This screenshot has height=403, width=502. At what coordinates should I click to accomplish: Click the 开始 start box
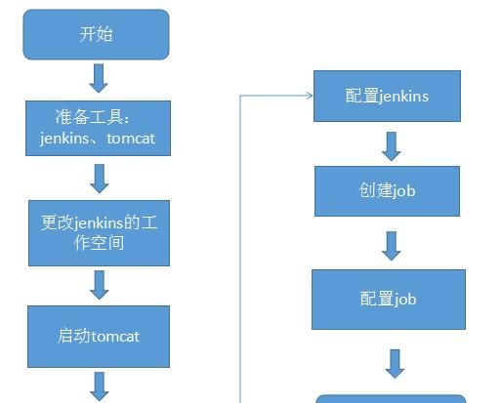click(x=97, y=35)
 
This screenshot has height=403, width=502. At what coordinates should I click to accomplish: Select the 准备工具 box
click(x=98, y=128)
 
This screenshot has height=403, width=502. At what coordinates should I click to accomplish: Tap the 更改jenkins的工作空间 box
click(x=98, y=232)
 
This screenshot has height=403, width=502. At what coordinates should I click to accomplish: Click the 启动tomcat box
click(x=98, y=336)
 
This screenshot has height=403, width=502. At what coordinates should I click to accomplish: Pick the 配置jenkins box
click(x=387, y=96)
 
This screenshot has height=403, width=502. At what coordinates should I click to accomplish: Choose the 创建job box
click(x=387, y=190)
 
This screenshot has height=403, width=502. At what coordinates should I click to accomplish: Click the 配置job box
click(x=388, y=299)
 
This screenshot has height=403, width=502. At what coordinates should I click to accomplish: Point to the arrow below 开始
click(x=98, y=77)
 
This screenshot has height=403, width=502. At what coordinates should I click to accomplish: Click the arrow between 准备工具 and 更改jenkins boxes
click(x=99, y=178)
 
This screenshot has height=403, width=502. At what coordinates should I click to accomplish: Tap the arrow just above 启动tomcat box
click(x=99, y=284)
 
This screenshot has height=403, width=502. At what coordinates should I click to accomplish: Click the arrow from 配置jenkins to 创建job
click(x=392, y=144)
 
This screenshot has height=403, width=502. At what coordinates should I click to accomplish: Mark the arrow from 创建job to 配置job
click(x=392, y=245)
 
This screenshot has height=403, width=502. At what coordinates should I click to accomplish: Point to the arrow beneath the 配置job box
click(x=395, y=362)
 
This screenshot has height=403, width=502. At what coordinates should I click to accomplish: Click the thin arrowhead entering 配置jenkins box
click(x=308, y=96)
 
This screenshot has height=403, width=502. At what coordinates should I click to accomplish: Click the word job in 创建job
click(x=403, y=190)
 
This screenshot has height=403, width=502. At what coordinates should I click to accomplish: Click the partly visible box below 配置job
click(x=391, y=398)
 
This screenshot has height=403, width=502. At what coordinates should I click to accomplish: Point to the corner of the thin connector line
click(x=241, y=96)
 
